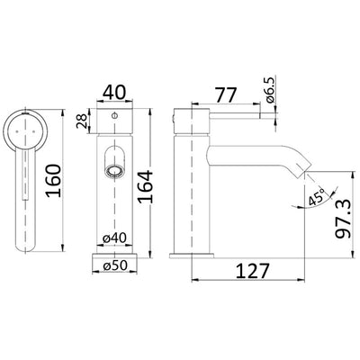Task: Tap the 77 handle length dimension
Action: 227,94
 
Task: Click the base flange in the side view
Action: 193,256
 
